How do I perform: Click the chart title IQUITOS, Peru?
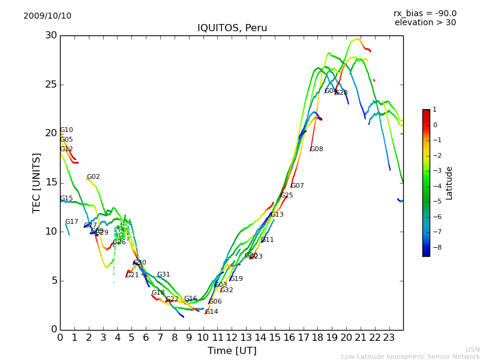[x=232, y=28]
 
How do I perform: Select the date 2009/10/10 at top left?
[x=47, y=16]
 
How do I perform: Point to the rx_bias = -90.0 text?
[x=425, y=14]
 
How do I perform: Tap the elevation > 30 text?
[x=425, y=23]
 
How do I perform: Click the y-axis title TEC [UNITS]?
[x=37, y=182]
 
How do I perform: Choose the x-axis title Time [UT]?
[x=232, y=351]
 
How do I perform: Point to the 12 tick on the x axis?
[x=232, y=338]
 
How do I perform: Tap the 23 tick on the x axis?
[x=389, y=338]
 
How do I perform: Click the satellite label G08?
[x=317, y=149]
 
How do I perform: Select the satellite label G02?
[x=94, y=177]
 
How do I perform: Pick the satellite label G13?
[x=277, y=215]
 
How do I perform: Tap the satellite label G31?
[x=164, y=275]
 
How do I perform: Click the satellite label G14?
[x=212, y=312]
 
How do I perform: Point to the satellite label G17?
[x=72, y=222]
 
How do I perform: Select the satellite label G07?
[x=298, y=186]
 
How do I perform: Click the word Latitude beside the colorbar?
[x=449, y=183]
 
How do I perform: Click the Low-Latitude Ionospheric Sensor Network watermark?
[x=410, y=356]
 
